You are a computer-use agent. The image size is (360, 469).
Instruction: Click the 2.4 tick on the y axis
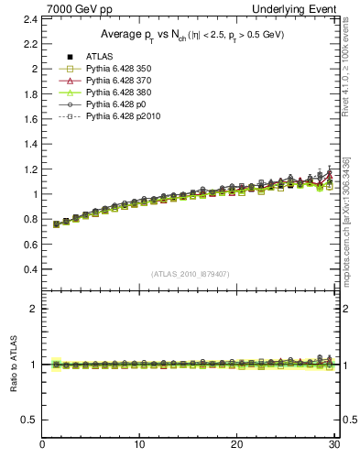click(x=31, y=18)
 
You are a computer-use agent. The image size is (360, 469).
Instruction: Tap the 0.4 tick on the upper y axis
click(x=31, y=269)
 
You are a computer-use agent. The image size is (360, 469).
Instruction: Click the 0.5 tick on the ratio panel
click(x=31, y=420)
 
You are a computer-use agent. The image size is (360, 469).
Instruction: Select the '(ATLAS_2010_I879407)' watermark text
click(x=191, y=274)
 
